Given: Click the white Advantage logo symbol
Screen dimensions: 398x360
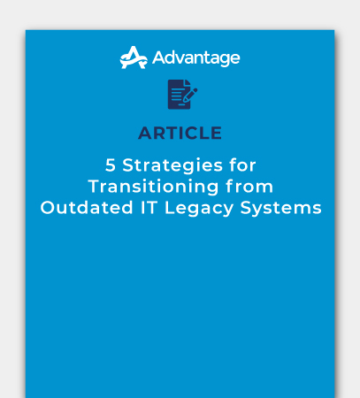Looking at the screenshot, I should pos(134,57).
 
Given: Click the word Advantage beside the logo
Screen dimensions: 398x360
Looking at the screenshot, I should pos(195,58).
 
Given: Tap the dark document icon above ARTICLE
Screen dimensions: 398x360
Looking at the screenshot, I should pos(180,95).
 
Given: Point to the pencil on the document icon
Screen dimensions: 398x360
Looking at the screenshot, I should pos(190,92).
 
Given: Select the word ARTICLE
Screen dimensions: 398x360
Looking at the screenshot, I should pos(180,134).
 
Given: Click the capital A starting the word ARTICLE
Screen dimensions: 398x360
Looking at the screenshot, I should pos(145,134).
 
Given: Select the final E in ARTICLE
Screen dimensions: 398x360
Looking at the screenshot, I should pos(217,134).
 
